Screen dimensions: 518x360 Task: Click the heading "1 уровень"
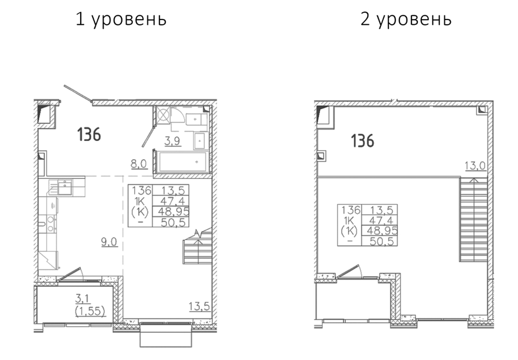(121, 20)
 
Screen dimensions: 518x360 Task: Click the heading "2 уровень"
(406, 20)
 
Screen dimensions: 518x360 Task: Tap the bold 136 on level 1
(89, 135)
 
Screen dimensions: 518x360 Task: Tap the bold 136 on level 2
(363, 141)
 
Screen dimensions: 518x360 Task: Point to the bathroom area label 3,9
(173, 141)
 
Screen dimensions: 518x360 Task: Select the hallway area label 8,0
(139, 164)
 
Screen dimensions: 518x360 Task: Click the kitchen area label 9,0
(109, 242)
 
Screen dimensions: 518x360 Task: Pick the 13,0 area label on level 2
(475, 166)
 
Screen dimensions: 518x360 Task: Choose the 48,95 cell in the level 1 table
(171, 211)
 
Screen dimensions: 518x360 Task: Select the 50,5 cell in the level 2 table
(380, 241)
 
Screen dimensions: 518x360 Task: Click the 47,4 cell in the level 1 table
(171, 201)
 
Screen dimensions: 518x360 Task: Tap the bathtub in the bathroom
(182, 162)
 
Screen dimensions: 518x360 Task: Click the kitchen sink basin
(65, 188)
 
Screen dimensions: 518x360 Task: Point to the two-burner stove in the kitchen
(51, 223)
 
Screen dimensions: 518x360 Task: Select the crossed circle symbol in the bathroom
(163, 115)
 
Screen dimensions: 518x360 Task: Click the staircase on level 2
(474, 220)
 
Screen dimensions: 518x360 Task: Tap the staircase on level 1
(197, 247)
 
